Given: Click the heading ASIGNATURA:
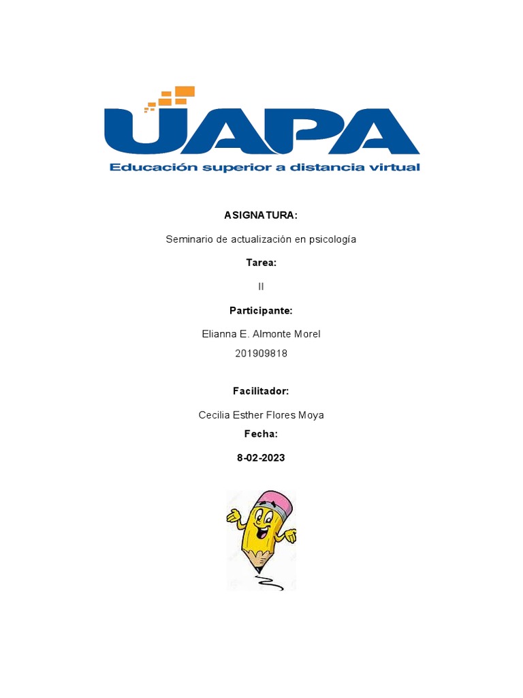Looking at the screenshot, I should point(261,215).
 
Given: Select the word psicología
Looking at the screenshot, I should point(332,239).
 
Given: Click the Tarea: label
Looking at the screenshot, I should point(261,262).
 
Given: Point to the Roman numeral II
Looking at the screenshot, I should point(261,286).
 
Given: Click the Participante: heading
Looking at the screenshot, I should point(261,311).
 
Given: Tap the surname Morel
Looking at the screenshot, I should point(306,334).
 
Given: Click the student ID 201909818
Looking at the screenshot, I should point(261,353).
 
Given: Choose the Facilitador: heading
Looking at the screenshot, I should point(261,391).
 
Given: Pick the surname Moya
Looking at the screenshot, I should point(311,414).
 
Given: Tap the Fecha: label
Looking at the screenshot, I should point(261,434).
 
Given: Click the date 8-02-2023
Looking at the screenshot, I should point(261,458).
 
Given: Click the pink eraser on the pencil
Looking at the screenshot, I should point(278,503).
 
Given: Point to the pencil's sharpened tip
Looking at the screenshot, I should point(257,569).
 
